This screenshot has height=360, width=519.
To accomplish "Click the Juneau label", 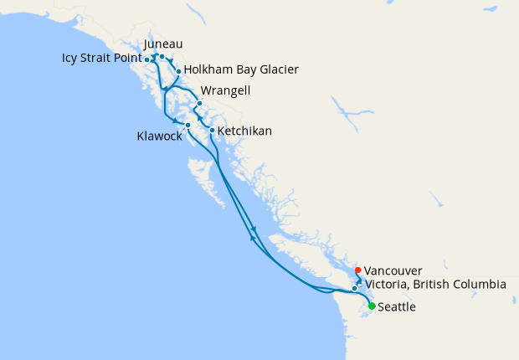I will pos(163,44).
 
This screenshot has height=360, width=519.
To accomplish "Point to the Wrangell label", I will pos(225,90).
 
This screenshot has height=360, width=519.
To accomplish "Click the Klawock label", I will pos(159,136).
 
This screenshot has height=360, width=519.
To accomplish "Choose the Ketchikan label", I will pos(244,131).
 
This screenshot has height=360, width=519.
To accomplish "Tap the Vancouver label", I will pos(393,270).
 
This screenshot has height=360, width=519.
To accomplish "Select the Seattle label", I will pos(397,307).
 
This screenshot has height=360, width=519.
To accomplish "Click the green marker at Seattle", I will pos(372,306).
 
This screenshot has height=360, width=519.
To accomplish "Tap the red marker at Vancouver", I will pos(358,270).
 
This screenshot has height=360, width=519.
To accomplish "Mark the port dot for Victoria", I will pos(355,288).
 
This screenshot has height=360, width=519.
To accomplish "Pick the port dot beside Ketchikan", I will pos(212,131).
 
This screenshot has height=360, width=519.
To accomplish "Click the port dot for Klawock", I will pos(188,126).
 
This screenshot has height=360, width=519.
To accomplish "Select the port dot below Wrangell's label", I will pos(199,104).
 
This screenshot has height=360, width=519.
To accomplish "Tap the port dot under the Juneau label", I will pos(162,57).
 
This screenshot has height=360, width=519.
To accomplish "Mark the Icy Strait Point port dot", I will pos(147,60).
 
